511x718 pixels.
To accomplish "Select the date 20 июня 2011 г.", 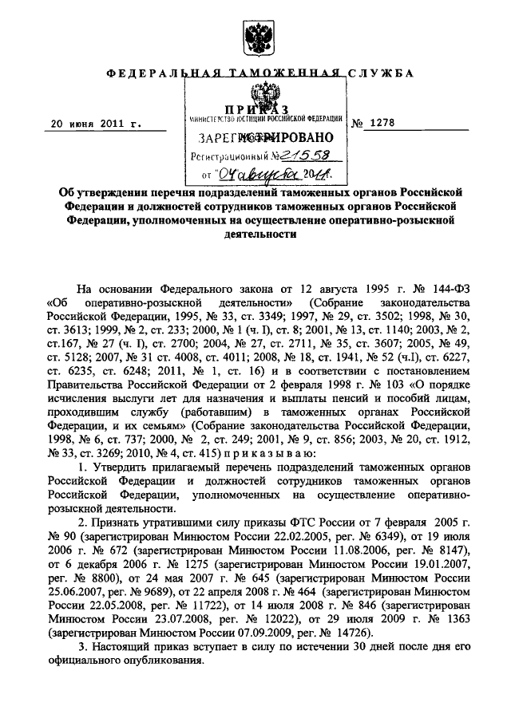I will pyautogui.click(x=95, y=124).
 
